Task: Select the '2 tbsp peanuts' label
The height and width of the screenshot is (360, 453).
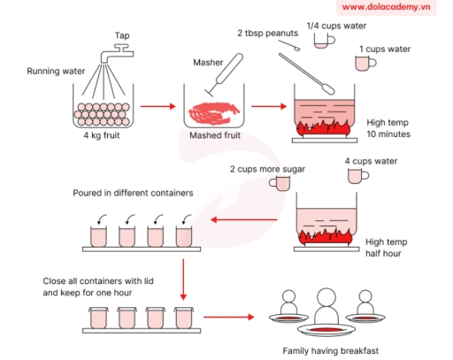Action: pos(268,33)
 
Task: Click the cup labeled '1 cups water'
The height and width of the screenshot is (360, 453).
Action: pos(363,63)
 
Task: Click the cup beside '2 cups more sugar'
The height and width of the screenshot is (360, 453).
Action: pos(282,182)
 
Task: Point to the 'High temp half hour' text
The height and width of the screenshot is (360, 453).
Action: pos(386,245)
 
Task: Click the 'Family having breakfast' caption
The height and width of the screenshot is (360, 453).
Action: pos(330,350)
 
